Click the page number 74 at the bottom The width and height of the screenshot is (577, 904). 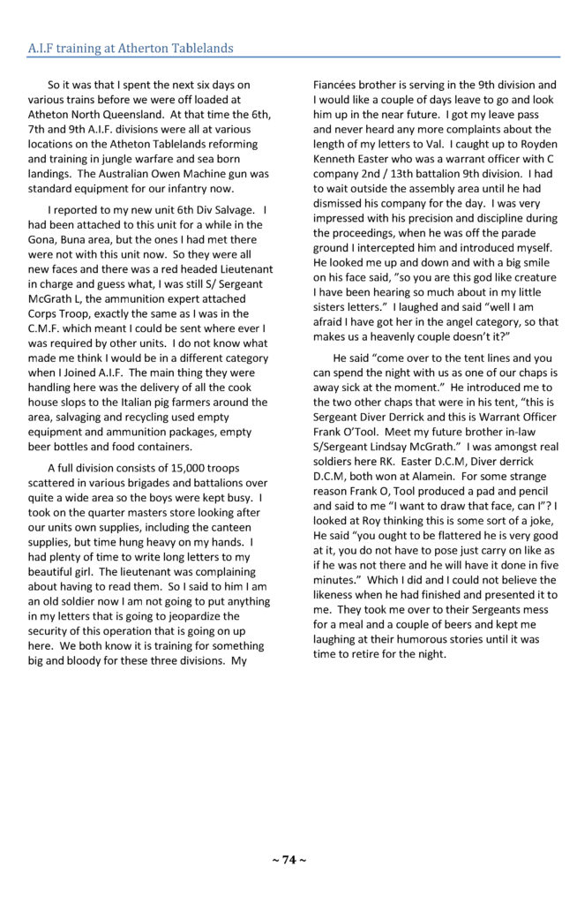point(288,861)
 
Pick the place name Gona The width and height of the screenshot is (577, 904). point(43,238)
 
